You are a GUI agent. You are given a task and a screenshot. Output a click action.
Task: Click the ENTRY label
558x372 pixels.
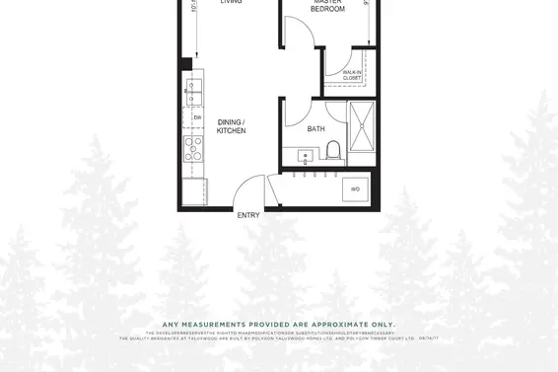tap(247, 215)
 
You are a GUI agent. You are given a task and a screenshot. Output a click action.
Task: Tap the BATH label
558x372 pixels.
tap(315, 129)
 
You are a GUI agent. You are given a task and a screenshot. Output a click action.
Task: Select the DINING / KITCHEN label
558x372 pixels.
tap(232, 126)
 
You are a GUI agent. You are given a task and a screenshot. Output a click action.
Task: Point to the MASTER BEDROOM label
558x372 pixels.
tap(327, 6)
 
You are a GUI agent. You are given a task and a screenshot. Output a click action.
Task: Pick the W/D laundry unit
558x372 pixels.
tap(355, 189)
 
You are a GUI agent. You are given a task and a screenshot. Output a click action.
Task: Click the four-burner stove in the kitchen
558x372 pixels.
tap(192, 149)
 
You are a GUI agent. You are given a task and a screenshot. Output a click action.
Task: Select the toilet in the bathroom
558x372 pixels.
tap(332, 151)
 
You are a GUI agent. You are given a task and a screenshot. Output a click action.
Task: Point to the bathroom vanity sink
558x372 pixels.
tap(304, 155)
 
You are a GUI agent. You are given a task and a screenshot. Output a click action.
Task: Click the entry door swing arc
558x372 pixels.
tap(250, 190)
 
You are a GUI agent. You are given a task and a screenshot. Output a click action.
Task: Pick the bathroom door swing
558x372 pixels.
tap(300, 113)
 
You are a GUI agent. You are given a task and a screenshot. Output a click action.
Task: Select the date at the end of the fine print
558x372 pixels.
tap(428, 337)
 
